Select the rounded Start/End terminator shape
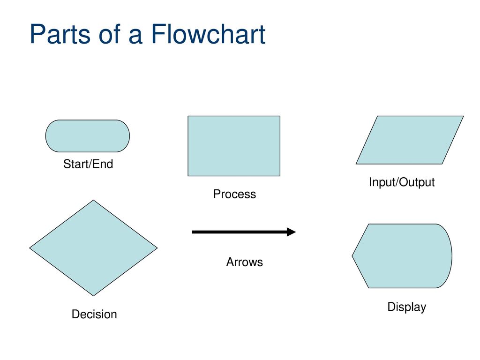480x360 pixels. click(87, 136)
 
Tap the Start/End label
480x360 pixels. click(88, 165)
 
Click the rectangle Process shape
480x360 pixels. click(233, 146)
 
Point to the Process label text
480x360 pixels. click(234, 194)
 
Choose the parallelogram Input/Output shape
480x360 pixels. click(409, 140)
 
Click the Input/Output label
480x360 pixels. click(402, 182)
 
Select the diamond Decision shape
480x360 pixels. click(93, 247)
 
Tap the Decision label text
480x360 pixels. click(94, 315)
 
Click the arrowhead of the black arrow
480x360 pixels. click(291, 232)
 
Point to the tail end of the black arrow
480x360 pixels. click(194, 232)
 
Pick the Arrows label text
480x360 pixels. click(244, 262)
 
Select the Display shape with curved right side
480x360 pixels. click(402, 256)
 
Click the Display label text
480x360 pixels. click(406, 307)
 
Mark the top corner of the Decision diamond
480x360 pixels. click(94, 201)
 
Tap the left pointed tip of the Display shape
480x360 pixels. click(353, 256)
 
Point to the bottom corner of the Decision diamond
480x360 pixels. click(93, 295)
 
